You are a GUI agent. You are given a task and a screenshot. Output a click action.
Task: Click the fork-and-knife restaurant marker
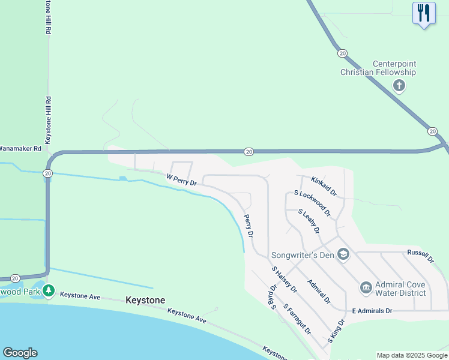(424, 13)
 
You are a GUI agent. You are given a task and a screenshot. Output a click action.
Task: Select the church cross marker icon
(399, 86)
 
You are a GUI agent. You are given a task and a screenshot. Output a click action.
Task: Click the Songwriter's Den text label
(302, 255)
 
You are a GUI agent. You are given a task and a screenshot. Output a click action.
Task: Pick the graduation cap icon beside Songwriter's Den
(343, 255)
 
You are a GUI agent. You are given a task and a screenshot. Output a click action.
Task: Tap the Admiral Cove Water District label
(400, 289)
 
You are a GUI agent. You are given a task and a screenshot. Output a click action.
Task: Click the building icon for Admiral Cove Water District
(366, 289)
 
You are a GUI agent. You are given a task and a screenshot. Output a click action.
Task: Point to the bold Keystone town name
(145, 300)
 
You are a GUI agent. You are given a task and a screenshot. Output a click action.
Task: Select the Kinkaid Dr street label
(324, 186)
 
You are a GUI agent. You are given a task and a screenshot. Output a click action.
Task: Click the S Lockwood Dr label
(312, 203)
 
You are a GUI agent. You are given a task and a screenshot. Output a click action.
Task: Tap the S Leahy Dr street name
(309, 221)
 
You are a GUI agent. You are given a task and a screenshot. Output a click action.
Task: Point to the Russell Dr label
(420, 256)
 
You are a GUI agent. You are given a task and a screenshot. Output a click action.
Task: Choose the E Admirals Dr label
(372, 311)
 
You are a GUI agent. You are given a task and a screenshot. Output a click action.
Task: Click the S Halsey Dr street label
(284, 279)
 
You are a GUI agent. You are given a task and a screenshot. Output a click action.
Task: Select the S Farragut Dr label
(297, 320)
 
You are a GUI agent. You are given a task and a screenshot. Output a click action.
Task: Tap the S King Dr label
(336, 331)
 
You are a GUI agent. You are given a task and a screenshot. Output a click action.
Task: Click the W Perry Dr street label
(181, 179)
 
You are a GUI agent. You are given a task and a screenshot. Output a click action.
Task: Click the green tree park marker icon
(49, 292)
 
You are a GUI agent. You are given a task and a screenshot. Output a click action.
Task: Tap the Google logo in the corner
(20, 353)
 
